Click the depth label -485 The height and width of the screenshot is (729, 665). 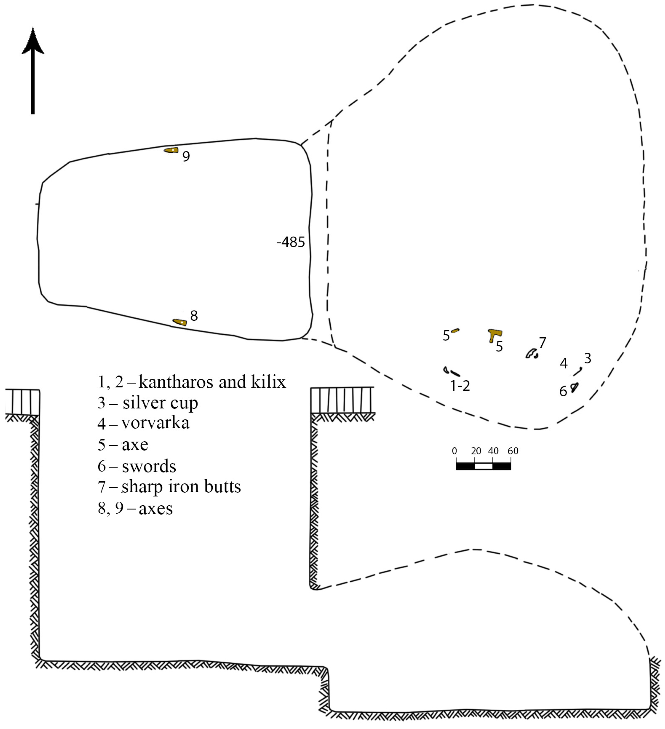(291, 242)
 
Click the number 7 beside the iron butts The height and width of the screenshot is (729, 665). (542, 342)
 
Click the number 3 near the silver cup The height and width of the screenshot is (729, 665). (588, 358)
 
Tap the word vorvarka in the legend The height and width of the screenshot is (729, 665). (155, 423)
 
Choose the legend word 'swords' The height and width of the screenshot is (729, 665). (149, 466)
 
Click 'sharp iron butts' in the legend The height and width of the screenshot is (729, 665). (181, 487)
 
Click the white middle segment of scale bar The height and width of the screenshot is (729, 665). (483, 466)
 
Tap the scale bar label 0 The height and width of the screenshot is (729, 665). (455, 451)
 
